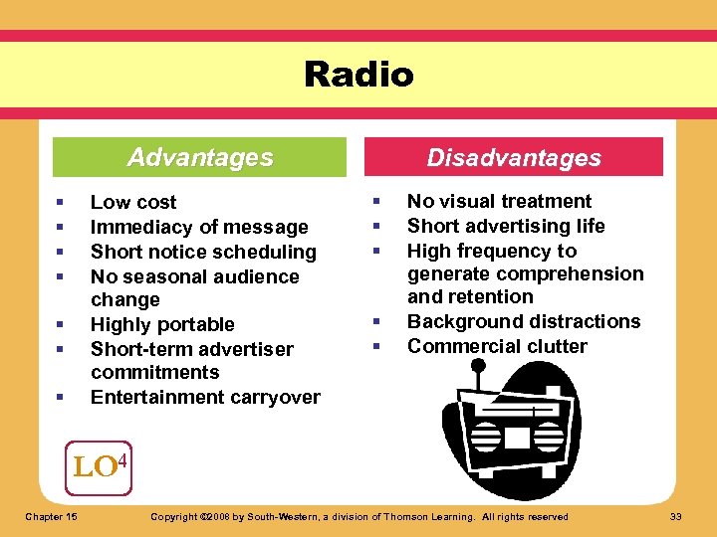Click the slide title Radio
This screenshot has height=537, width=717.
358,75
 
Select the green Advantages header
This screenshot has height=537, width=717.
200,157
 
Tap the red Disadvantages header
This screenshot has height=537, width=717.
514,157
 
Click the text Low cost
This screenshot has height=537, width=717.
133,202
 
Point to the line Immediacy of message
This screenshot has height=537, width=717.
199,227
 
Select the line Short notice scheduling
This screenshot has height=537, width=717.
203,252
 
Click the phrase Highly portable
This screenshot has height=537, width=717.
162,324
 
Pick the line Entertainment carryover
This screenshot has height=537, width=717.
205,397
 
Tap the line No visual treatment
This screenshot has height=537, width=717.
499,201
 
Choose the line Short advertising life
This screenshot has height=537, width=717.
506,226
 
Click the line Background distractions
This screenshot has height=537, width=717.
524,321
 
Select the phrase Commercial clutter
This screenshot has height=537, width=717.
497,346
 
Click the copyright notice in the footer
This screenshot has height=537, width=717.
358,516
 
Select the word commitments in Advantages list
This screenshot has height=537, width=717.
154,372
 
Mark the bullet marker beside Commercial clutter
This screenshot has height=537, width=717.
376,346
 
